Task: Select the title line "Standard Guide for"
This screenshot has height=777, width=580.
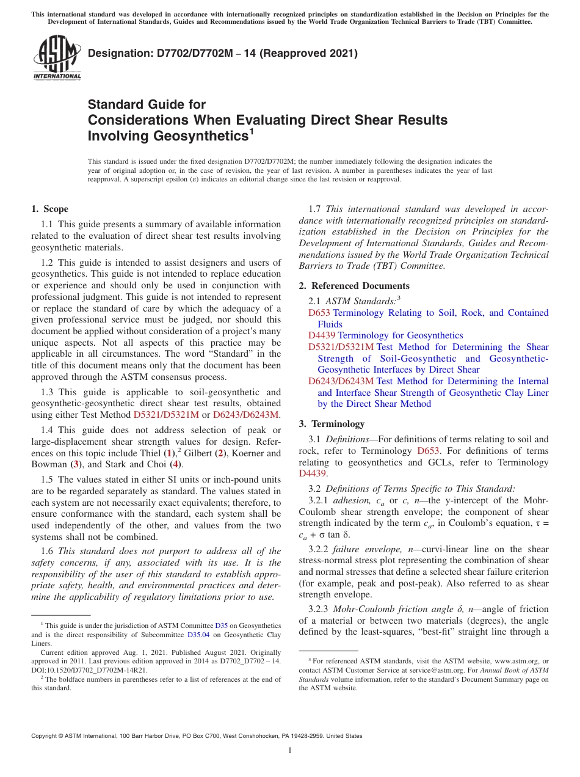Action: click(x=147, y=104)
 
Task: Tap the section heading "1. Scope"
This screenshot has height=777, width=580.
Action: click(x=49, y=209)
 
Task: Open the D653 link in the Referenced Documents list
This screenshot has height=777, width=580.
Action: click(x=319, y=313)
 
